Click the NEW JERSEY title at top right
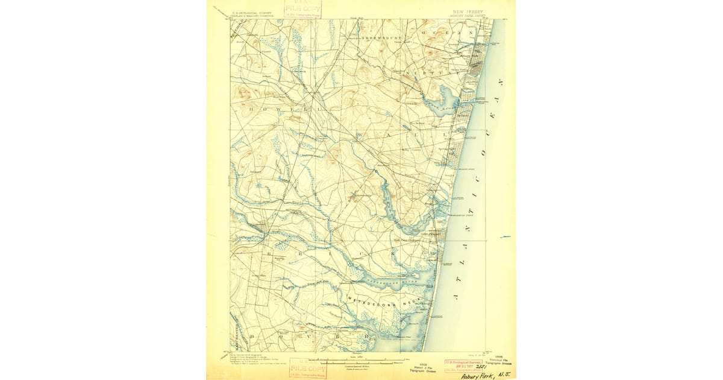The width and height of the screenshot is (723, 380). (x=468, y=11)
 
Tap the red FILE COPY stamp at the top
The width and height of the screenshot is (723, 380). (x=302, y=9)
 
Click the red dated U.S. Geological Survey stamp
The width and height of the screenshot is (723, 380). (x=463, y=364)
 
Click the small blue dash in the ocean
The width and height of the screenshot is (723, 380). (x=505, y=237)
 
